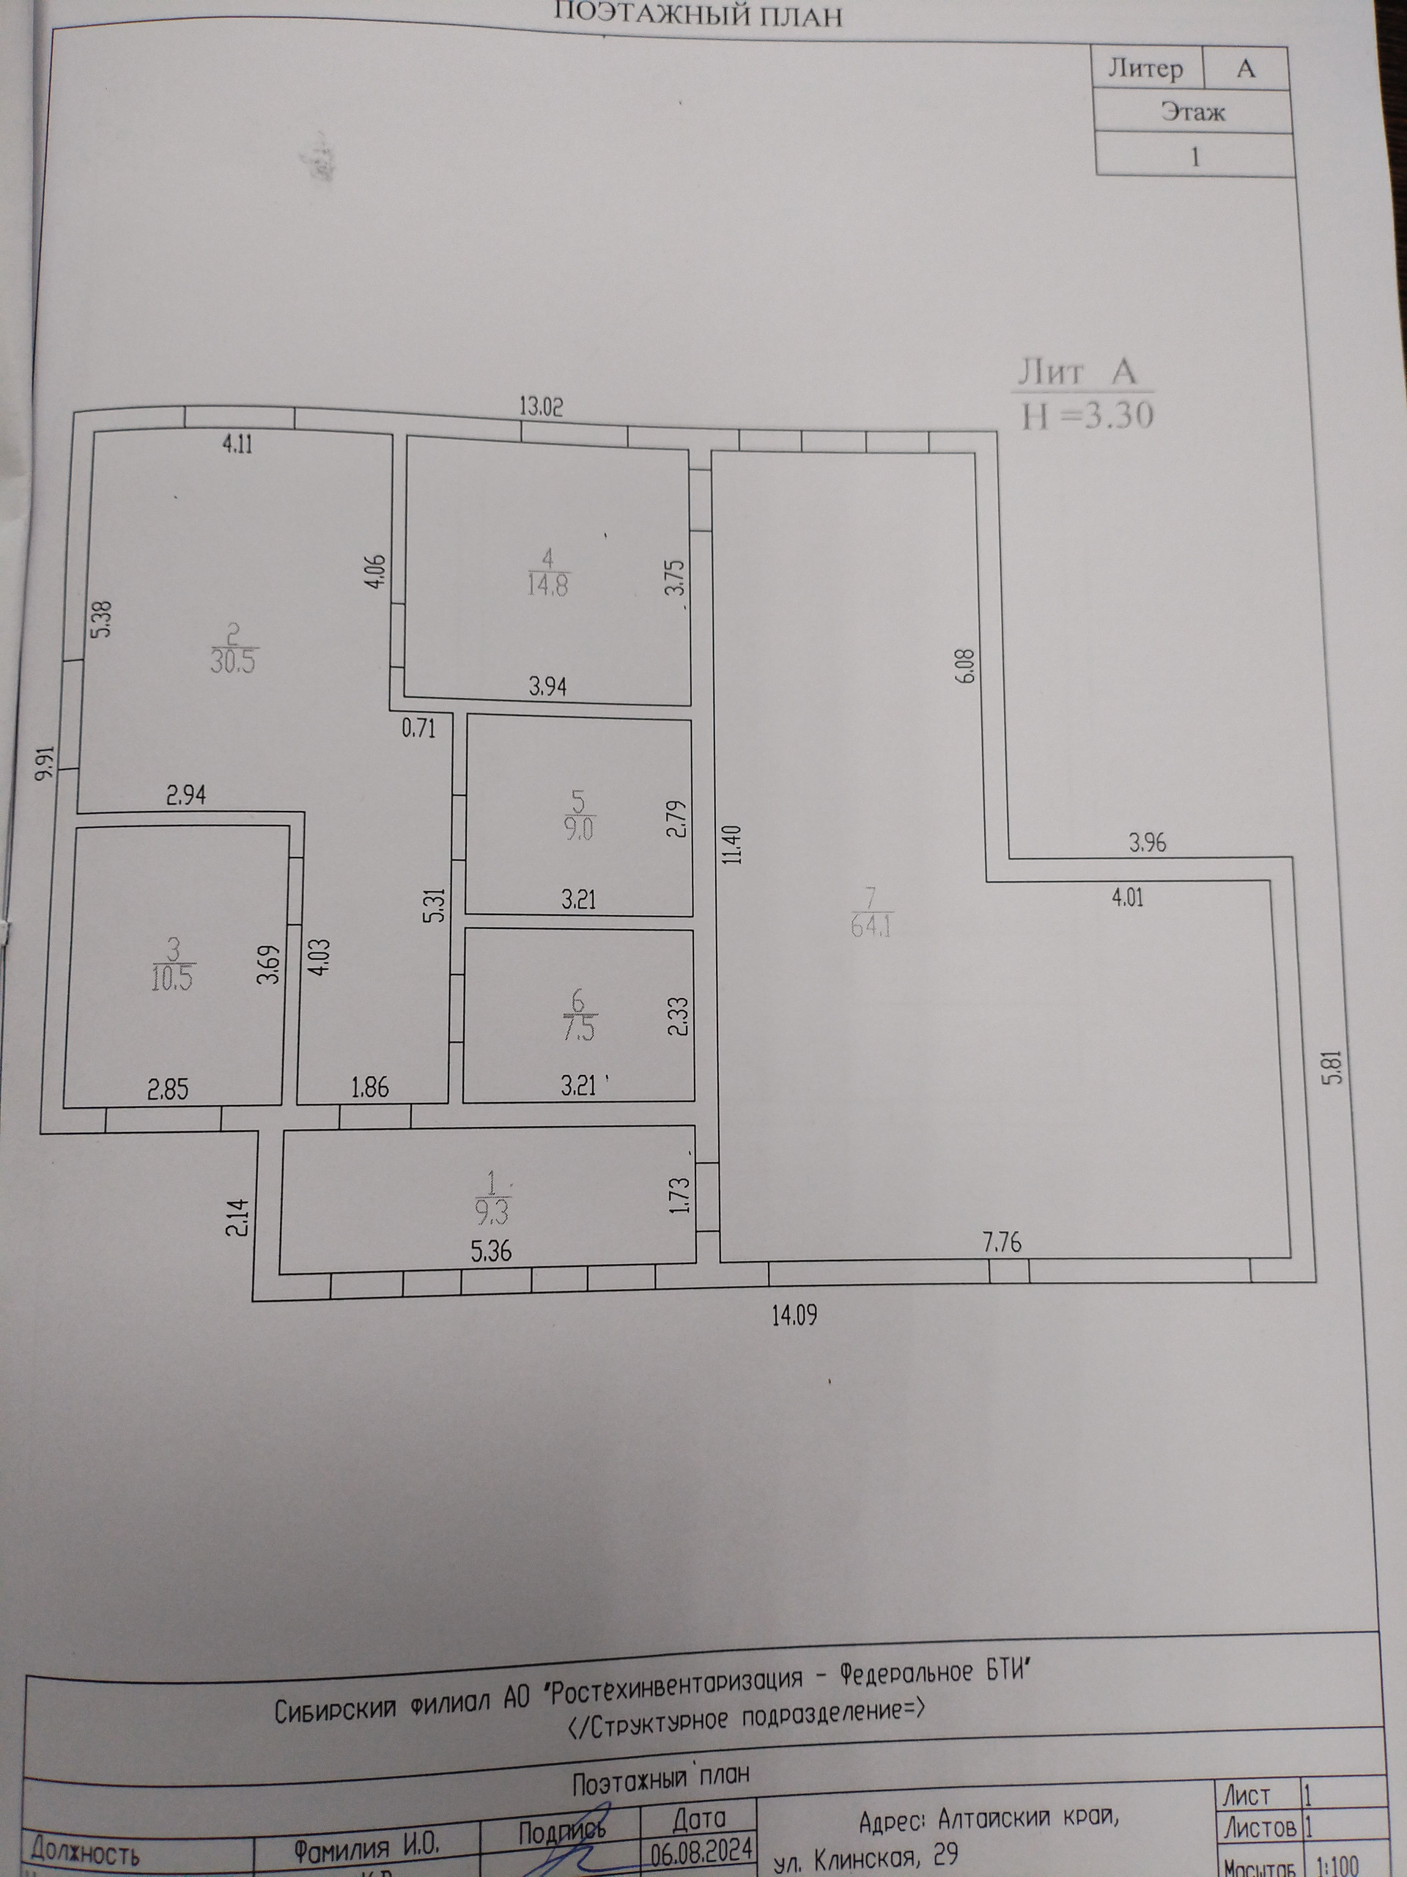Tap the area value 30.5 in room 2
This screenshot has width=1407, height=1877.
coord(233,660)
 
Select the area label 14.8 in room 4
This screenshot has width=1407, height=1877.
coord(548,584)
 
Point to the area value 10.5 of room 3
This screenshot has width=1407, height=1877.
coord(172,978)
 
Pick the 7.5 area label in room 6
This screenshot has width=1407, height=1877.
coord(579,1029)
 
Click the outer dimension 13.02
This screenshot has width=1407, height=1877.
coord(541,408)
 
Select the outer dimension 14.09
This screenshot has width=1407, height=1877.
coord(794,1316)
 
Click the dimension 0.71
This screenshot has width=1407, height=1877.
coord(419,728)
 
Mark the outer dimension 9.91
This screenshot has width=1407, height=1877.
coord(47,761)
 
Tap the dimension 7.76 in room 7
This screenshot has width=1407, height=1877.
coord(1002,1243)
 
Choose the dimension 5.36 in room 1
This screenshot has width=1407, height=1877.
coord(491,1251)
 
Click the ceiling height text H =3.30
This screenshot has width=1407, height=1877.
coord(1088,416)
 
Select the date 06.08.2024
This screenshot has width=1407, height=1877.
coord(701,1844)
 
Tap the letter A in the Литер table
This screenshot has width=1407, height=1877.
coord(1245,69)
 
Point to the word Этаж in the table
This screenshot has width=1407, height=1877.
coord(1193,112)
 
